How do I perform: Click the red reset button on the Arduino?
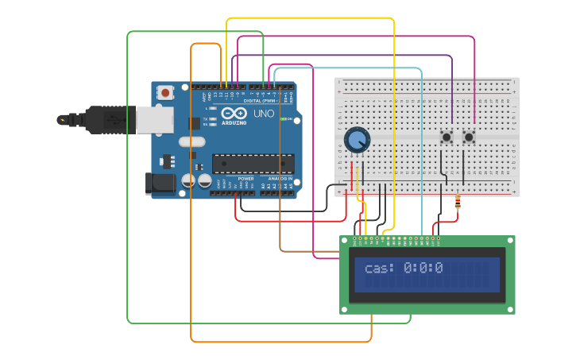point(165,92)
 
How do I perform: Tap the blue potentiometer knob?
point(357,141)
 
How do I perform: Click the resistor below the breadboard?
point(457,204)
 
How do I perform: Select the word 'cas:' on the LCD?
point(379,269)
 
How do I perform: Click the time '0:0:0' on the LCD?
point(423,269)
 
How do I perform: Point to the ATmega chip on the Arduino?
point(253,164)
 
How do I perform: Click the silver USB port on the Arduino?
point(154,120)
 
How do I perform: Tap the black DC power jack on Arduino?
point(161,184)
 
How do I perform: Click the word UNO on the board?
point(264,114)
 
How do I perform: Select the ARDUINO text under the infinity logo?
point(234,123)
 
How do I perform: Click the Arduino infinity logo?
point(234,114)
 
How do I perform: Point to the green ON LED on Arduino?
point(284,119)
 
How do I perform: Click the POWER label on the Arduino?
point(246,179)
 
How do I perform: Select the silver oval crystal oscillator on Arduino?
point(191,141)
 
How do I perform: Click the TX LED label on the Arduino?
point(206,119)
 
